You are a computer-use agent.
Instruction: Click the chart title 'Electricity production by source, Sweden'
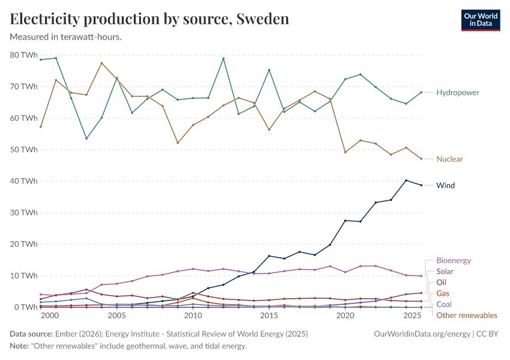tap(149, 19)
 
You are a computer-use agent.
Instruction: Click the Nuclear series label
tap(449, 159)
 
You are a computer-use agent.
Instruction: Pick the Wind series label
tap(446, 185)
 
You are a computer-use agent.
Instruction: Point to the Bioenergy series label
tap(453, 260)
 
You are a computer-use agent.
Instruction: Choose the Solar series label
tap(445, 271)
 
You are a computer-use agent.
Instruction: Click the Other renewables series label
tap(466, 315)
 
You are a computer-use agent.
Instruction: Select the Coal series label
tap(444, 304)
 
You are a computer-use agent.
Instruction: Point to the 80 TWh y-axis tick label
tap(23, 55)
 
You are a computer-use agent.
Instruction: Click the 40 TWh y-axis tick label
tap(23, 181)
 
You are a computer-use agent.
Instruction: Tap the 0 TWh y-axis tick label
tap(26, 307)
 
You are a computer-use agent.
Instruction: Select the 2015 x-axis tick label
tap(269, 316)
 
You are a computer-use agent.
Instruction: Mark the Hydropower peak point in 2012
tap(223, 58)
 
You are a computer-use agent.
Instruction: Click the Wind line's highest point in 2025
tap(406, 181)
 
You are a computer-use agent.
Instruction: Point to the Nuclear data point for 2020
tap(345, 152)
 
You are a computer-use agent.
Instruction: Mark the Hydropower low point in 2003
tap(86, 139)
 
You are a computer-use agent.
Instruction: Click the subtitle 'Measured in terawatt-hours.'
tap(66, 37)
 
